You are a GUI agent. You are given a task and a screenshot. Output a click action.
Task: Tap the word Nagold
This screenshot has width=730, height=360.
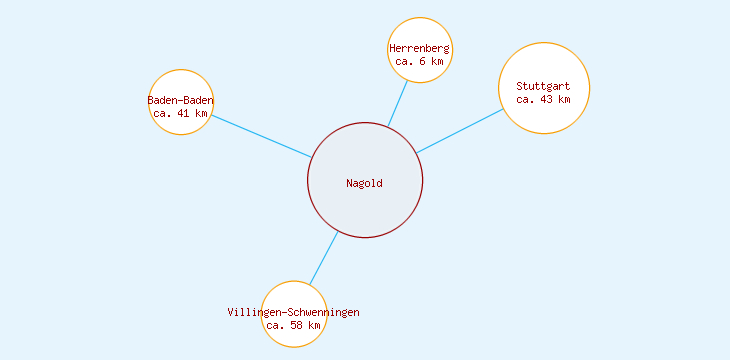click(x=364, y=183)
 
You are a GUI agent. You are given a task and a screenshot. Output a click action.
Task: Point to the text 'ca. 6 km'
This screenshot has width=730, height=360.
click(x=419, y=62)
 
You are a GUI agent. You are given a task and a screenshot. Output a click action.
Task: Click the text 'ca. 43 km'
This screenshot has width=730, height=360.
click(x=543, y=99)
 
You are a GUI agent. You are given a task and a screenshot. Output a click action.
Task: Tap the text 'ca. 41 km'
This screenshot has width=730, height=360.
click(x=181, y=113)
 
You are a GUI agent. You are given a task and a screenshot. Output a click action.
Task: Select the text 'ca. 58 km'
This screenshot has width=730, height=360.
click(x=294, y=325)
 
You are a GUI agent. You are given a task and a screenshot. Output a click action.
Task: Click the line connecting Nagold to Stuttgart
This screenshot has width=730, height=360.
click(x=460, y=131)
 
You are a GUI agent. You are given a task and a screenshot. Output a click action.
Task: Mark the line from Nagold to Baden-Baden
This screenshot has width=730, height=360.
click(x=262, y=136)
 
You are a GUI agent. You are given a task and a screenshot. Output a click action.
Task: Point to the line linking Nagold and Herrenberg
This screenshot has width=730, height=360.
click(x=398, y=104)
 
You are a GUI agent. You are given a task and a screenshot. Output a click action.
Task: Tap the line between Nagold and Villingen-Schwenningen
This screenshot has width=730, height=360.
click(x=323, y=258)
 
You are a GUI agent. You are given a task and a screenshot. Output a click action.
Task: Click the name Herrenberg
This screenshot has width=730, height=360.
click(x=419, y=48)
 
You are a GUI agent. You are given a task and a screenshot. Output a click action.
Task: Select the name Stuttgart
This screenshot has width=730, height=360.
click(x=543, y=86)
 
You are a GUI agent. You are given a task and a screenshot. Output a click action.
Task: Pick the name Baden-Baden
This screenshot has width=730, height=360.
click(x=181, y=100)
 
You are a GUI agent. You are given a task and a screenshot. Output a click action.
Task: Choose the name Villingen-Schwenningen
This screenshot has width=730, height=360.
click(x=294, y=312)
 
